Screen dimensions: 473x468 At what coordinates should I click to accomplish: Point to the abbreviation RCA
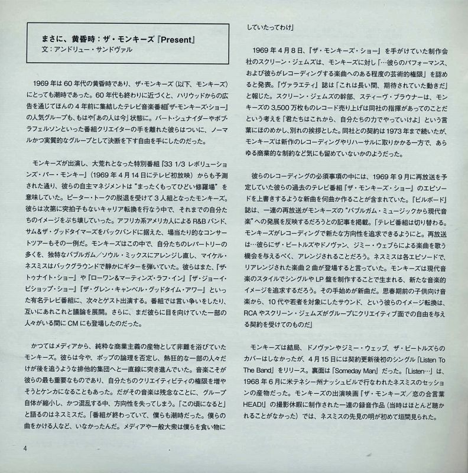tap(256, 318)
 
